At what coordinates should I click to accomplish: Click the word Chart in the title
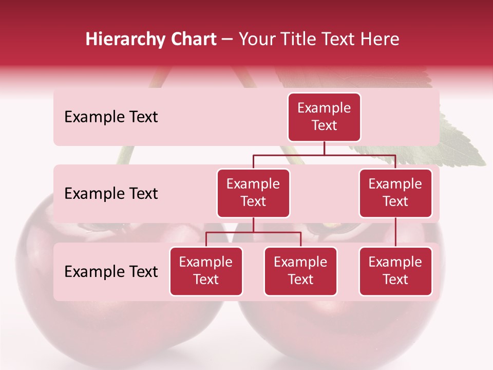(x=193, y=39)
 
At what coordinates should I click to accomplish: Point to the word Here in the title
(x=380, y=39)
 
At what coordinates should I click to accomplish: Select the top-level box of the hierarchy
(x=324, y=117)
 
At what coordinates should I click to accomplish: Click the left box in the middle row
(x=253, y=193)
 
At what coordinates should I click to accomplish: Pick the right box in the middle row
(x=395, y=193)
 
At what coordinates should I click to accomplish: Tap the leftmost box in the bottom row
(x=206, y=271)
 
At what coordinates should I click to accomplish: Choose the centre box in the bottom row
(x=300, y=271)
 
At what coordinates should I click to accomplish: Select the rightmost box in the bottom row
(x=395, y=271)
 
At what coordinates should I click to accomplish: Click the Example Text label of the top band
(x=111, y=117)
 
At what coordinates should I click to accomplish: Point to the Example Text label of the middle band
(x=111, y=194)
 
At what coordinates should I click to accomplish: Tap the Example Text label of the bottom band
(x=111, y=271)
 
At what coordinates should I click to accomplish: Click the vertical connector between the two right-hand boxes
(x=395, y=232)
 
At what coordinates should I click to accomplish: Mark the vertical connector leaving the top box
(x=324, y=148)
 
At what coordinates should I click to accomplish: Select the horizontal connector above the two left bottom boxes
(x=253, y=232)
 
